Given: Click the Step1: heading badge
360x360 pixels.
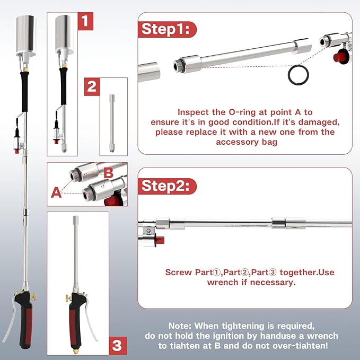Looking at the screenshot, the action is click(x=167, y=29).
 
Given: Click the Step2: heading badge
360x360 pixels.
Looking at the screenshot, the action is click(x=167, y=186).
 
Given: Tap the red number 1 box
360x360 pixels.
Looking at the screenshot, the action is click(x=85, y=21).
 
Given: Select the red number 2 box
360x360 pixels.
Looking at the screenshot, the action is click(x=92, y=87).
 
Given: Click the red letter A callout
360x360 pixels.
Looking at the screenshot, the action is click(x=56, y=192).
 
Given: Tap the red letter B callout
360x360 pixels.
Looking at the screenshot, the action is click(x=108, y=173).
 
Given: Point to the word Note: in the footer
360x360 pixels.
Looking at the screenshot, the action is click(x=180, y=326).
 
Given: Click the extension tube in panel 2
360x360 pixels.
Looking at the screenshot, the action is click(x=112, y=123).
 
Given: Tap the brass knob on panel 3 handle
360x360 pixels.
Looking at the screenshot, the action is click(x=68, y=298).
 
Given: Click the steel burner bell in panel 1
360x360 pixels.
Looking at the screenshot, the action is click(x=65, y=34).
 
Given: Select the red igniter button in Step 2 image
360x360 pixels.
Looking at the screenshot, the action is click(x=160, y=240).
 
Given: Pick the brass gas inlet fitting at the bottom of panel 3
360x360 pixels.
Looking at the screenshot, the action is click(x=75, y=351).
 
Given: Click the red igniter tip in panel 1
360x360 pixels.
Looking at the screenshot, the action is click(x=56, y=142).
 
